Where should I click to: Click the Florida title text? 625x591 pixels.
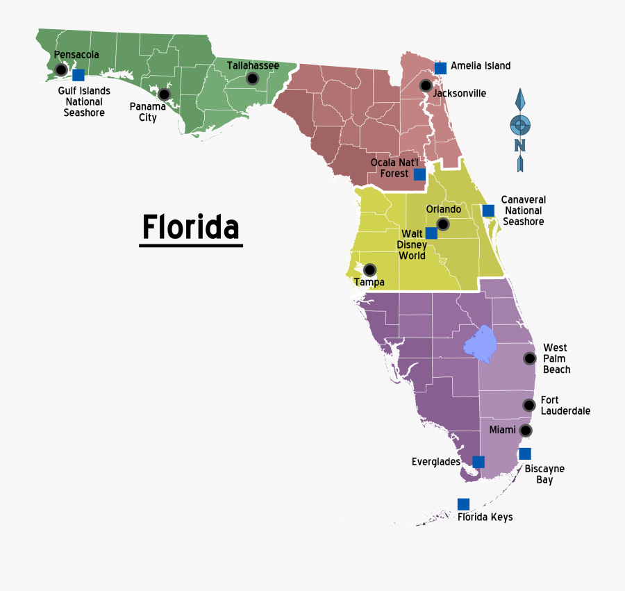(x=191, y=227)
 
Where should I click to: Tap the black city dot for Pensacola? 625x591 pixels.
(x=61, y=69)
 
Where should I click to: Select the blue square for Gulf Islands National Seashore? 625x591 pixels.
(x=78, y=75)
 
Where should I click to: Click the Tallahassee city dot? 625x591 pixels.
(x=251, y=78)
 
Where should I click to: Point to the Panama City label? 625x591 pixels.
(x=148, y=112)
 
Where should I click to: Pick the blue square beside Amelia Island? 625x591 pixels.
(x=440, y=68)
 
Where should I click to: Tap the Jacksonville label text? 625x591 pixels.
(x=460, y=93)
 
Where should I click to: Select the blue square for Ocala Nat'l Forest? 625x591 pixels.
(x=419, y=174)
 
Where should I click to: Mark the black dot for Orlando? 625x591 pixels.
(x=443, y=224)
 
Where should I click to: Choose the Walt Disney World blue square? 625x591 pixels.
(x=431, y=233)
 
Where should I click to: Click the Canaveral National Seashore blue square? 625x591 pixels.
(x=488, y=210)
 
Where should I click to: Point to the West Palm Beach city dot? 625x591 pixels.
(x=530, y=358)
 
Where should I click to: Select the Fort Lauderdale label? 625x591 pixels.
(x=565, y=406)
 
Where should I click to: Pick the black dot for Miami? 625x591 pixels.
(x=526, y=431)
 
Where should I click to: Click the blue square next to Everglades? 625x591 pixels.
(x=478, y=462)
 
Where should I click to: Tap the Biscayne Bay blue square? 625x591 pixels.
(x=525, y=454)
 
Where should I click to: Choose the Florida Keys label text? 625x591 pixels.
(x=485, y=517)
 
